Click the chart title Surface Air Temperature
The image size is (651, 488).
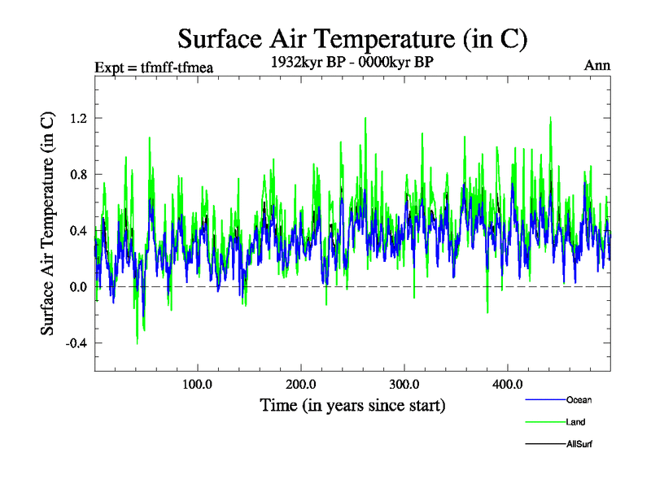tap(352, 38)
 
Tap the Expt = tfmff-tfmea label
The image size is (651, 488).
tap(154, 68)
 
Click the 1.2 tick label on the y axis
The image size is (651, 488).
tap(79, 118)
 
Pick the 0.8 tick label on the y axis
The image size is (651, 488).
tap(79, 174)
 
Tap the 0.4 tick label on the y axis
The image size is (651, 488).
tap(79, 230)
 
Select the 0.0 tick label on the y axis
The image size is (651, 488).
tap(79, 286)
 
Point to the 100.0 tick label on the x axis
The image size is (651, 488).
tap(198, 385)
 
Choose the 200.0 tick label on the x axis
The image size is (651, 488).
tap(301, 385)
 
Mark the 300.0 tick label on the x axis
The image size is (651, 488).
tap(404, 385)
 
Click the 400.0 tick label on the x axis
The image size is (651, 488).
tap(508, 385)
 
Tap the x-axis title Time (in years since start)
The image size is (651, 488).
tap(352, 405)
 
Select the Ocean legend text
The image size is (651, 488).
tap(579, 400)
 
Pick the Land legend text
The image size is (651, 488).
tap(575, 422)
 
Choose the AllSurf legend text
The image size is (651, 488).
tap(580, 444)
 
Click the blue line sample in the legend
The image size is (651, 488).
tap(545, 400)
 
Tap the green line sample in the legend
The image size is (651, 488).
tap(545, 422)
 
